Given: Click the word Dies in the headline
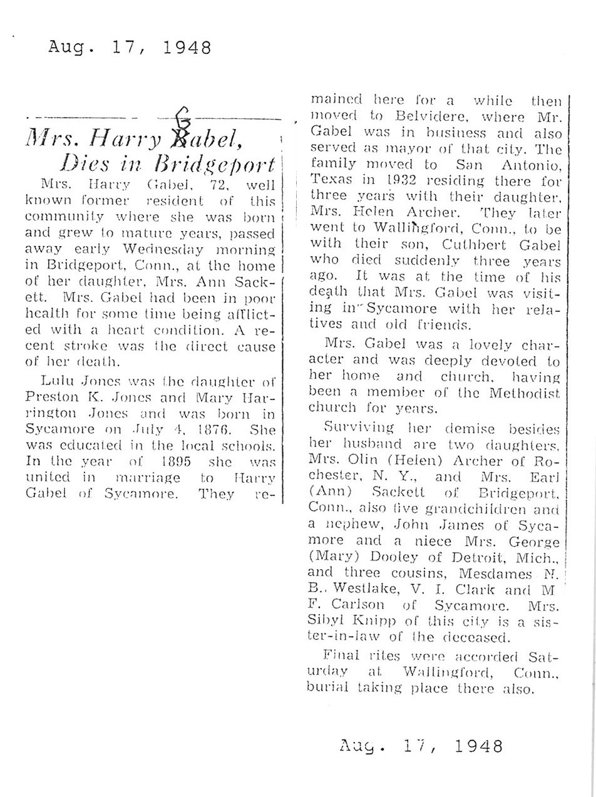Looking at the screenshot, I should (x=84, y=163).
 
